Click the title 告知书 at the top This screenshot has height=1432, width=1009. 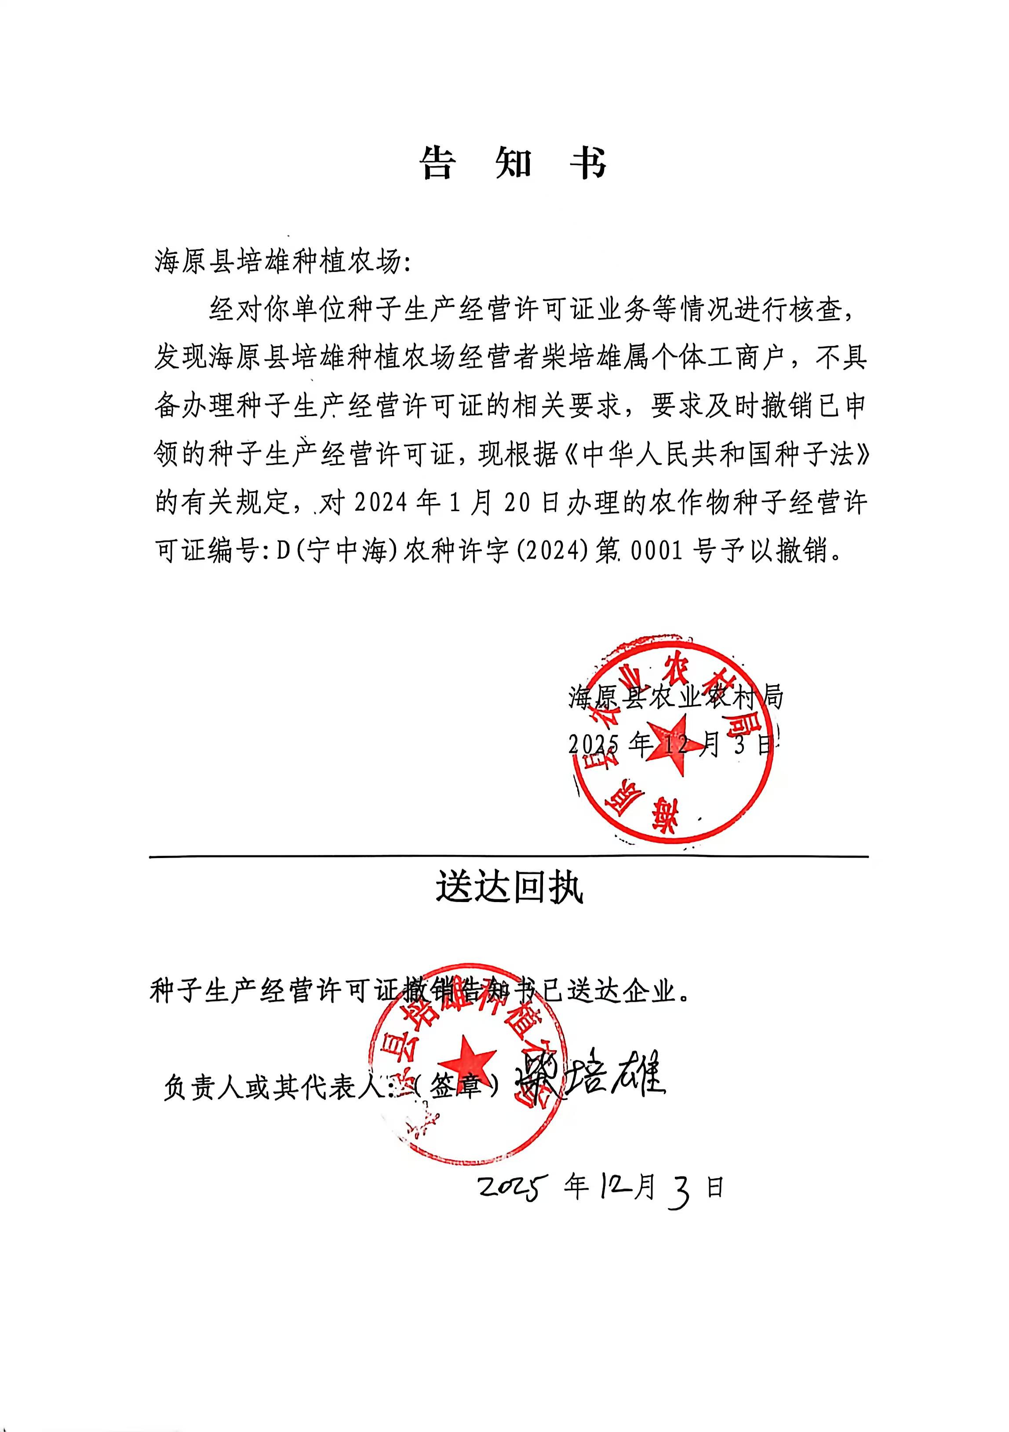click(x=513, y=164)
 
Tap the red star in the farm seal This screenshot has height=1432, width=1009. click(x=466, y=1062)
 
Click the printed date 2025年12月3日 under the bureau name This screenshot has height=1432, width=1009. click(x=670, y=744)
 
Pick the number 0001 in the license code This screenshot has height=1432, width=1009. click(x=657, y=551)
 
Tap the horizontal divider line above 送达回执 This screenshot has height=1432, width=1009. click(x=508, y=857)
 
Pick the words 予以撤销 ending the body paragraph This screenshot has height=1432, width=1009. click(x=775, y=551)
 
